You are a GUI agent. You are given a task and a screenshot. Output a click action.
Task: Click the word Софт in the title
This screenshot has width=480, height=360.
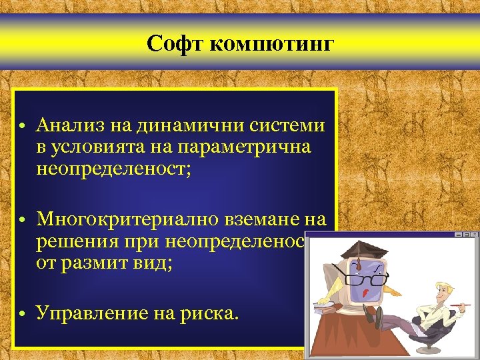click(175, 45)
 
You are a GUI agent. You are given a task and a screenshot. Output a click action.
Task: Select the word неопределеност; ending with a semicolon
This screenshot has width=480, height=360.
click(114, 167)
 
